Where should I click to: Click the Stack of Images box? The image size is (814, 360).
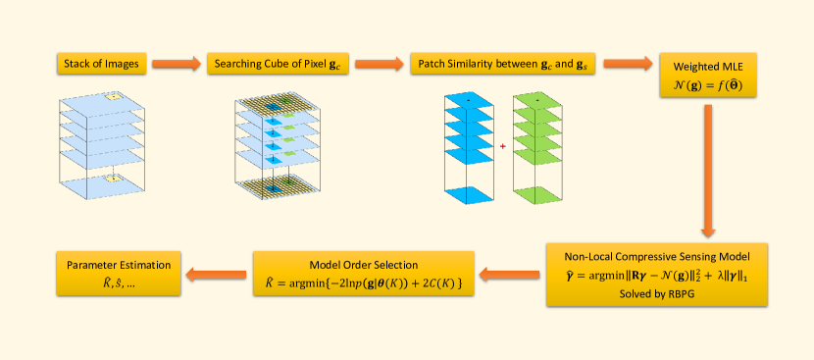(101, 64)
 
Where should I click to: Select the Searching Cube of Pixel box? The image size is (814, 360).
(278, 64)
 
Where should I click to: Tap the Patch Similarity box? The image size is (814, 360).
(503, 64)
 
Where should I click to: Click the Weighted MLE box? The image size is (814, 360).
(707, 76)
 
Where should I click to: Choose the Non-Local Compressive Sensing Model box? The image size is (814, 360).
(657, 275)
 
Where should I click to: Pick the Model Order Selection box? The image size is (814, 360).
(364, 274)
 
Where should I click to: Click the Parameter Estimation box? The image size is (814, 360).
(119, 274)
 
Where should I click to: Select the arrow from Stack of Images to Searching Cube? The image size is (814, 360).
(176, 64)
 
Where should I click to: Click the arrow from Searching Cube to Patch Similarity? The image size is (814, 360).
(379, 64)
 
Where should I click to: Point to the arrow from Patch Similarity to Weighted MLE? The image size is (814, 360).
(628, 64)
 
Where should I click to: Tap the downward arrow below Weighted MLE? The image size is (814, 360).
(708, 171)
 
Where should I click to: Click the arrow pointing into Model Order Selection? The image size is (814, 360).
(509, 274)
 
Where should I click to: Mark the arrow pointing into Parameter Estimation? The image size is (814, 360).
(216, 274)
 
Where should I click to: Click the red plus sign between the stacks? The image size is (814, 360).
(502, 146)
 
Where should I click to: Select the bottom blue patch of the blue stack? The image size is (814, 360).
(468, 195)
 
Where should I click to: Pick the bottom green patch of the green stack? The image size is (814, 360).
(537, 195)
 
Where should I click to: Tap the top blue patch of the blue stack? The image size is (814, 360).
(468, 100)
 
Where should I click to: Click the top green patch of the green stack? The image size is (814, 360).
(537, 100)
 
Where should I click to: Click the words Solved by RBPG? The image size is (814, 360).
(657, 293)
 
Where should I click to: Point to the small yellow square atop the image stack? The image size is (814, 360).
(113, 97)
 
